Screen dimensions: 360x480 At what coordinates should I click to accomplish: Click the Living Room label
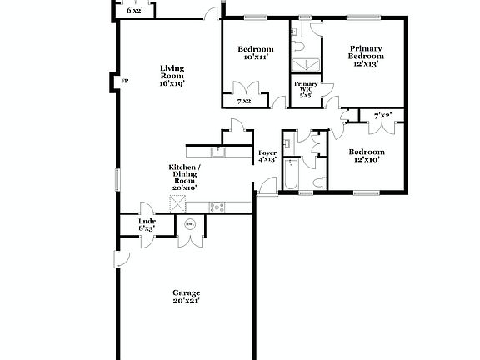pyautogui.click(x=172, y=76)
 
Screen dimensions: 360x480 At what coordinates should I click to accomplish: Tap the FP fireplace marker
pyautogui.click(x=124, y=81)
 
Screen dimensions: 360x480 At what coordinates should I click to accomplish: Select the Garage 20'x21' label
pyautogui.click(x=186, y=297)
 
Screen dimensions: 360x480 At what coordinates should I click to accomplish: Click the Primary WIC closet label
pyautogui.click(x=305, y=90)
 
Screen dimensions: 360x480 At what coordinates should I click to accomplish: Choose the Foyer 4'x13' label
pyautogui.click(x=267, y=156)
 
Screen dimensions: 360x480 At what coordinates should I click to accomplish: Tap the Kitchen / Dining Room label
pyautogui.click(x=183, y=177)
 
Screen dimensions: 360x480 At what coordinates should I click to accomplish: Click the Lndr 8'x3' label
pyautogui.click(x=147, y=224)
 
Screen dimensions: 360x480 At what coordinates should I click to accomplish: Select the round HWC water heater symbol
pyautogui.click(x=189, y=223)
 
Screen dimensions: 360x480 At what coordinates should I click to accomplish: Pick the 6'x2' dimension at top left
pyautogui.click(x=133, y=10)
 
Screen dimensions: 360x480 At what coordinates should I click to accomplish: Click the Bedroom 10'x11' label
pyautogui.click(x=253, y=52)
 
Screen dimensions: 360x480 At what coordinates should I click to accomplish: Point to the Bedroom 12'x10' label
pyautogui.click(x=367, y=156)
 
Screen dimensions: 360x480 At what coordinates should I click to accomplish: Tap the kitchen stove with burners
pyautogui.click(x=217, y=207)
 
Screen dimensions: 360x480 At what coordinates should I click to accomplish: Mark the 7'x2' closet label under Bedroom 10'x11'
pyautogui.click(x=245, y=102)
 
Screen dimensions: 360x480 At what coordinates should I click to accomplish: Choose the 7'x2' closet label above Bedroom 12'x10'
pyautogui.click(x=382, y=115)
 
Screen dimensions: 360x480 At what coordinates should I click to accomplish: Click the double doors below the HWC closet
pyautogui.click(x=189, y=242)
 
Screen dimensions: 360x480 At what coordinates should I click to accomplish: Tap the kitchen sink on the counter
pyautogui.click(x=217, y=152)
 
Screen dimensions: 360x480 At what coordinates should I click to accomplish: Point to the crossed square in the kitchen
pyautogui.click(x=177, y=202)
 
